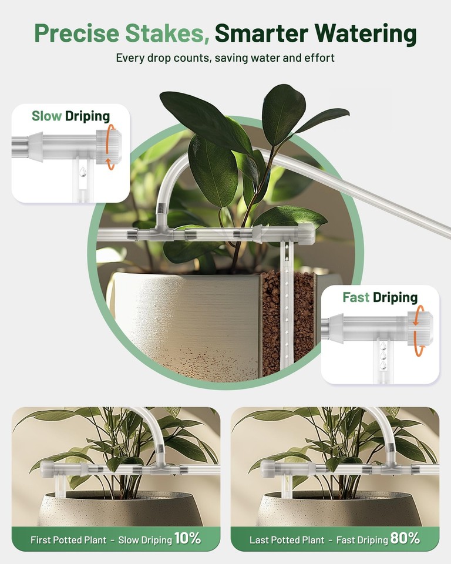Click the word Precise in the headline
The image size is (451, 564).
(x=69, y=33)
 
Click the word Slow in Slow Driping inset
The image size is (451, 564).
(x=46, y=116)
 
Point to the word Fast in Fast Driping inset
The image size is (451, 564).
(x=356, y=297)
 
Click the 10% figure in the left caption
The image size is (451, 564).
(x=187, y=538)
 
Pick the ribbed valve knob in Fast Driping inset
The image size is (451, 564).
(x=422, y=328)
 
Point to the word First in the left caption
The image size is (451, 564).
(x=44, y=539)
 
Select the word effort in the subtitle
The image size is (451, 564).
(x=319, y=58)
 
